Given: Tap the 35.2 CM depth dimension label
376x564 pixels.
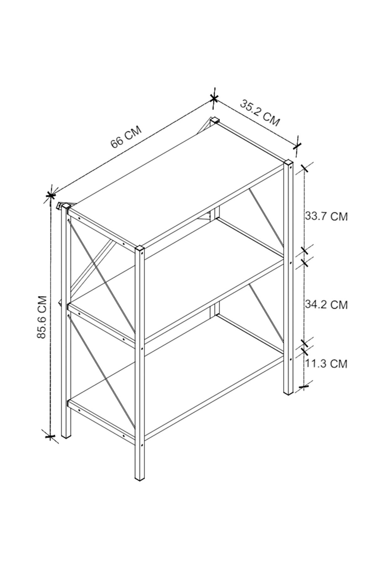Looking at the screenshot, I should [x=259, y=112].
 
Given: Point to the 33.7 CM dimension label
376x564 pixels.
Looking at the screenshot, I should [x=326, y=216].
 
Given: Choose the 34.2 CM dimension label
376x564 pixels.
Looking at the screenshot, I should [x=326, y=304].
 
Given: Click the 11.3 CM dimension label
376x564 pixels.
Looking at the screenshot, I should [x=326, y=364].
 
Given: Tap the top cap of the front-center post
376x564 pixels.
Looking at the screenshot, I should [x=140, y=249].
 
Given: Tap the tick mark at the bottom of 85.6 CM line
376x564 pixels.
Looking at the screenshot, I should [x=50, y=436].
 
